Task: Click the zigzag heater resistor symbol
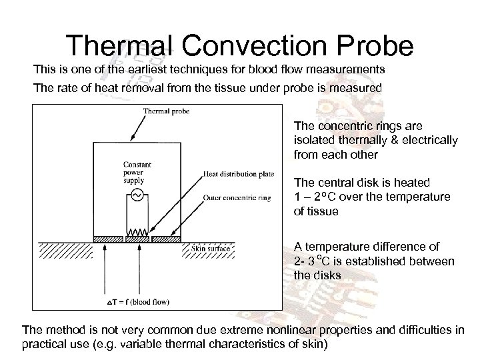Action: [x=138, y=233]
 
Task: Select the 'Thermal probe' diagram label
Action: [x=167, y=111]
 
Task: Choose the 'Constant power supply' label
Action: [x=136, y=171]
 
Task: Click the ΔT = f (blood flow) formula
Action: [x=138, y=303]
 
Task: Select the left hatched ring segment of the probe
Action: [x=109, y=237]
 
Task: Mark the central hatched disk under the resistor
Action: [x=138, y=237]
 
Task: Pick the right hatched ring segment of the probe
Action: [x=167, y=237]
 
